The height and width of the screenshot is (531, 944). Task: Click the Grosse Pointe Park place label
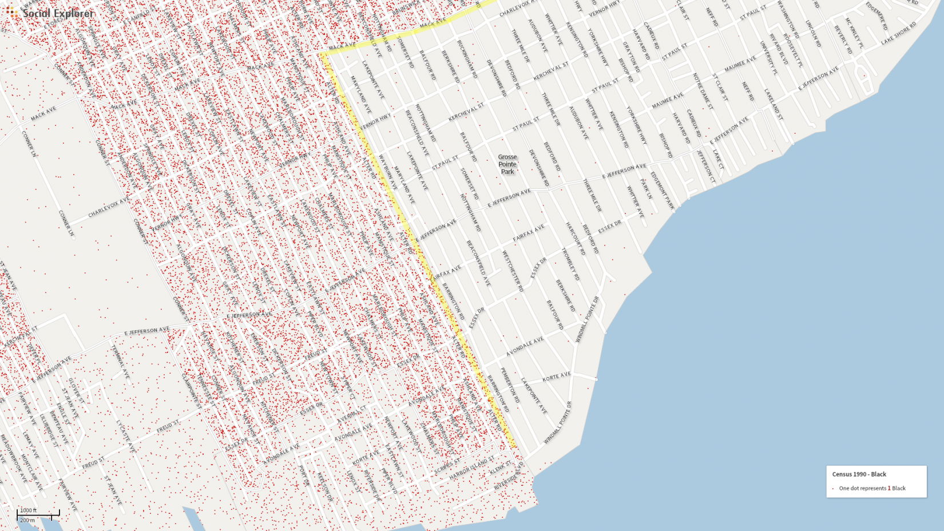(507, 164)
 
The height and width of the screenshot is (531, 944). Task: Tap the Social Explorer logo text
(58, 13)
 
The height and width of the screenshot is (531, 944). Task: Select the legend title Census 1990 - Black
(859, 474)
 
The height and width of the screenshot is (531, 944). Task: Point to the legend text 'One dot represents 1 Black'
(872, 488)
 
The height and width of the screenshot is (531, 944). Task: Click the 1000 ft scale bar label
(28, 510)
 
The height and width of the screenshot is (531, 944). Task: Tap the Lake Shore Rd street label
(898, 33)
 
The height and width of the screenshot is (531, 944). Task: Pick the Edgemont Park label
(662, 191)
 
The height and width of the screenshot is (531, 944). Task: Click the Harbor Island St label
(471, 468)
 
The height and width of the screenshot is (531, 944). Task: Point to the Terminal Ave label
(120, 361)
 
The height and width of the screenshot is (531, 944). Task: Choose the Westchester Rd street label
(512, 271)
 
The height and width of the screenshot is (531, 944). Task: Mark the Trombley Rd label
(570, 264)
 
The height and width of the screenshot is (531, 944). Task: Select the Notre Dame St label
(703, 90)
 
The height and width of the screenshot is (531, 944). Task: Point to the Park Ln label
(646, 189)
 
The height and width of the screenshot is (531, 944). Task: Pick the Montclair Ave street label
(32, 473)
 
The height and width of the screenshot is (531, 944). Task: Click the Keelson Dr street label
(324, 486)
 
